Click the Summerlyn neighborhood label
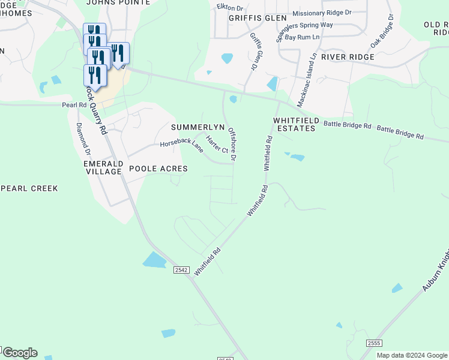tap(197, 128)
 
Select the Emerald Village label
tap(103, 167)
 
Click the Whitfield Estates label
tap(294, 124)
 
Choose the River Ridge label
tap(348, 57)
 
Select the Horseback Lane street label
tap(181, 146)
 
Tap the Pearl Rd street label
tap(74, 105)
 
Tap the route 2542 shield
tap(181, 270)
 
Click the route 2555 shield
tap(374, 343)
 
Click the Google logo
tap(20, 353)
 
